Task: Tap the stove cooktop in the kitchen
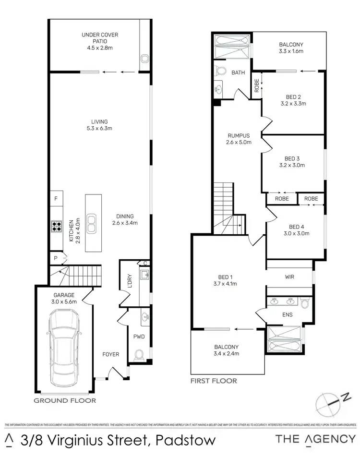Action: point(56,226)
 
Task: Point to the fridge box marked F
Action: point(56,198)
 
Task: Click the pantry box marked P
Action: point(55,258)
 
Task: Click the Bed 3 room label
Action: point(292,162)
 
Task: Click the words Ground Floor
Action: point(64,400)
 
